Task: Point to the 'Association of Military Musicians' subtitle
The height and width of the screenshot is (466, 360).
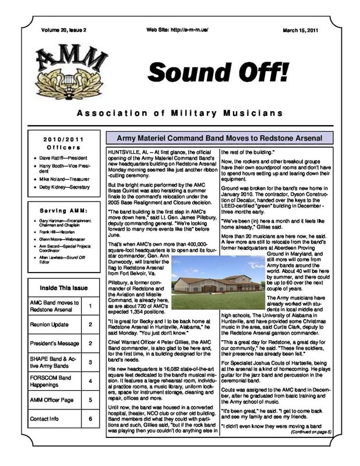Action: [x=180, y=112]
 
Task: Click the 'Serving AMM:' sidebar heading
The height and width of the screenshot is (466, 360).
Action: [x=63, y=210]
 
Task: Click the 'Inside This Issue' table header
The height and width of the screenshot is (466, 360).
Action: [x=63, y=288]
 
